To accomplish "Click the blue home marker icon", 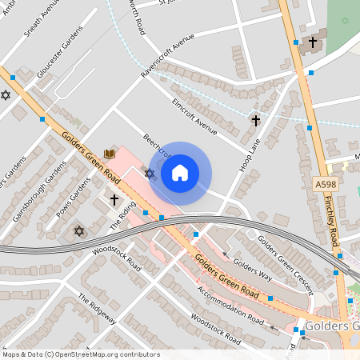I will [x=180, y=173].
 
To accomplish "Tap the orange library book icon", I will [x=110, y=153].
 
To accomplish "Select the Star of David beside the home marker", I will [x=150, y=173].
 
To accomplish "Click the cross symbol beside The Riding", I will [x=114, y=198].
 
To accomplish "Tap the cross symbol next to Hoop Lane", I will [x=255, y=121].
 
